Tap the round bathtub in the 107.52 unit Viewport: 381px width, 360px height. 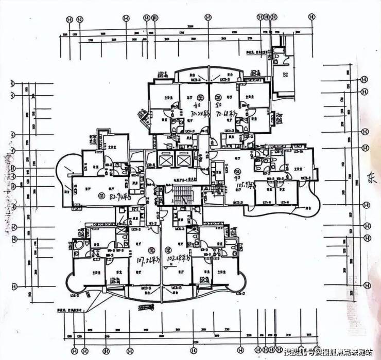80,246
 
